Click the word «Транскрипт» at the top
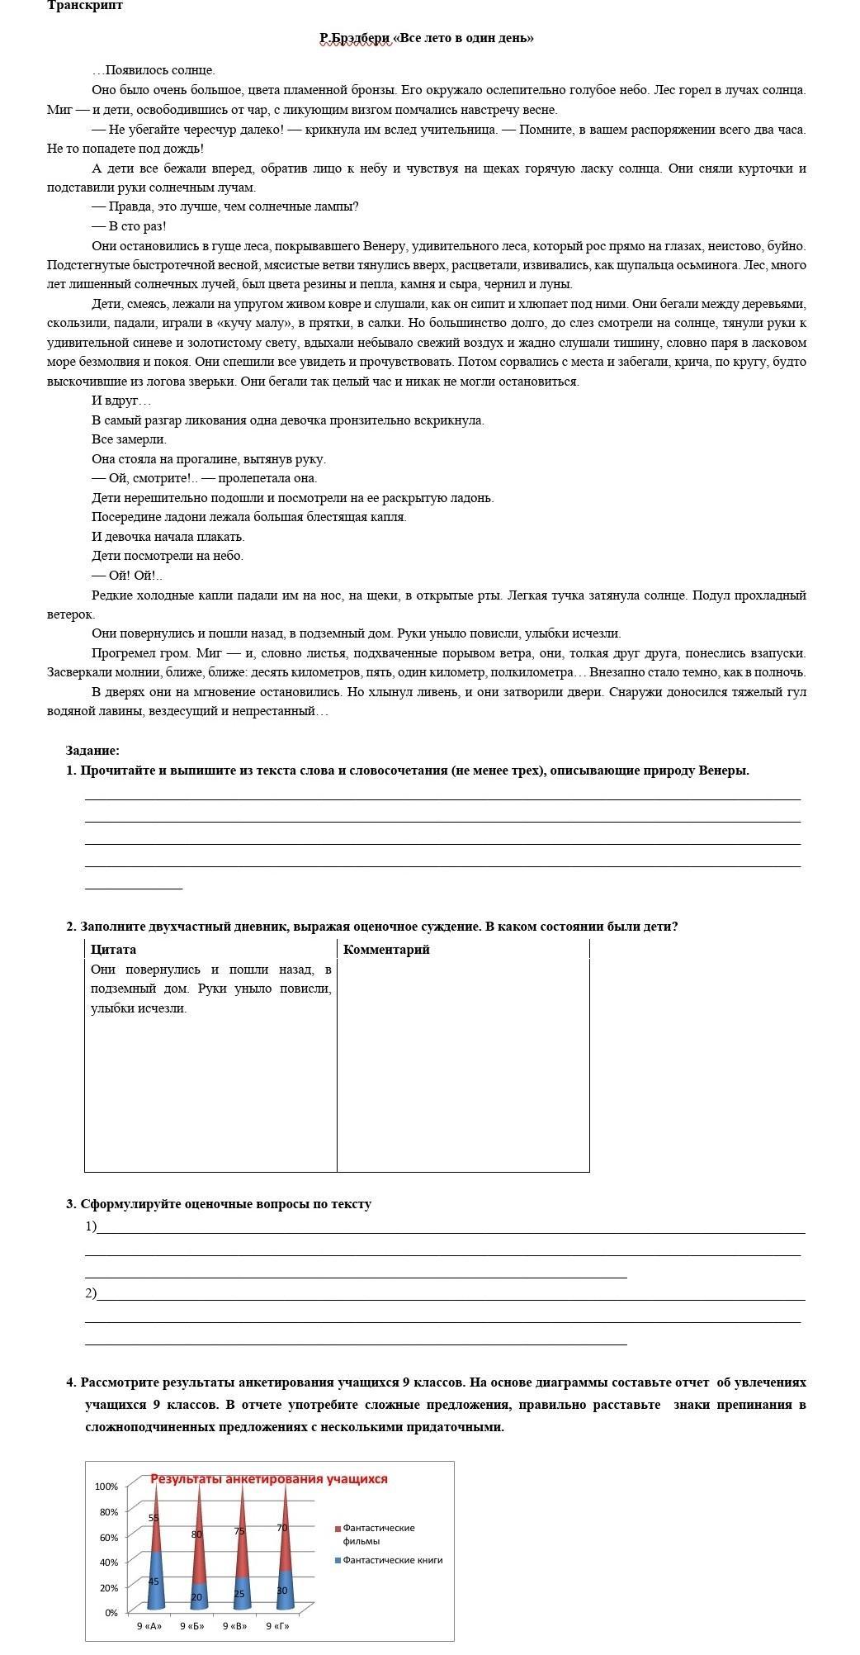pos(85,6)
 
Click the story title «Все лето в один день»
pos(465,38)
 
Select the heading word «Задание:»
pos(92,751)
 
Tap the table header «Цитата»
pos(113,950)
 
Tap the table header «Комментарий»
pos(386,950)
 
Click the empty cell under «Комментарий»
pos(462,1065)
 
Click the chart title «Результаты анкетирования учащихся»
pos(268,1479)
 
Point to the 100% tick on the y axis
pos(106,1487)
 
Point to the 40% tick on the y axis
pos(109,1563)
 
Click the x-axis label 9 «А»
pos(149,1626)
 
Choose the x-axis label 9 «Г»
pos(278,1626)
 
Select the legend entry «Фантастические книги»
pos(392,1561)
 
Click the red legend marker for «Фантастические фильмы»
pos(338,1529)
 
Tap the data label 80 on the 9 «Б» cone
pos(196,1534)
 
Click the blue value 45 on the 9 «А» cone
pos(154,1581)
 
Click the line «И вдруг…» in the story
pos(121,401)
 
